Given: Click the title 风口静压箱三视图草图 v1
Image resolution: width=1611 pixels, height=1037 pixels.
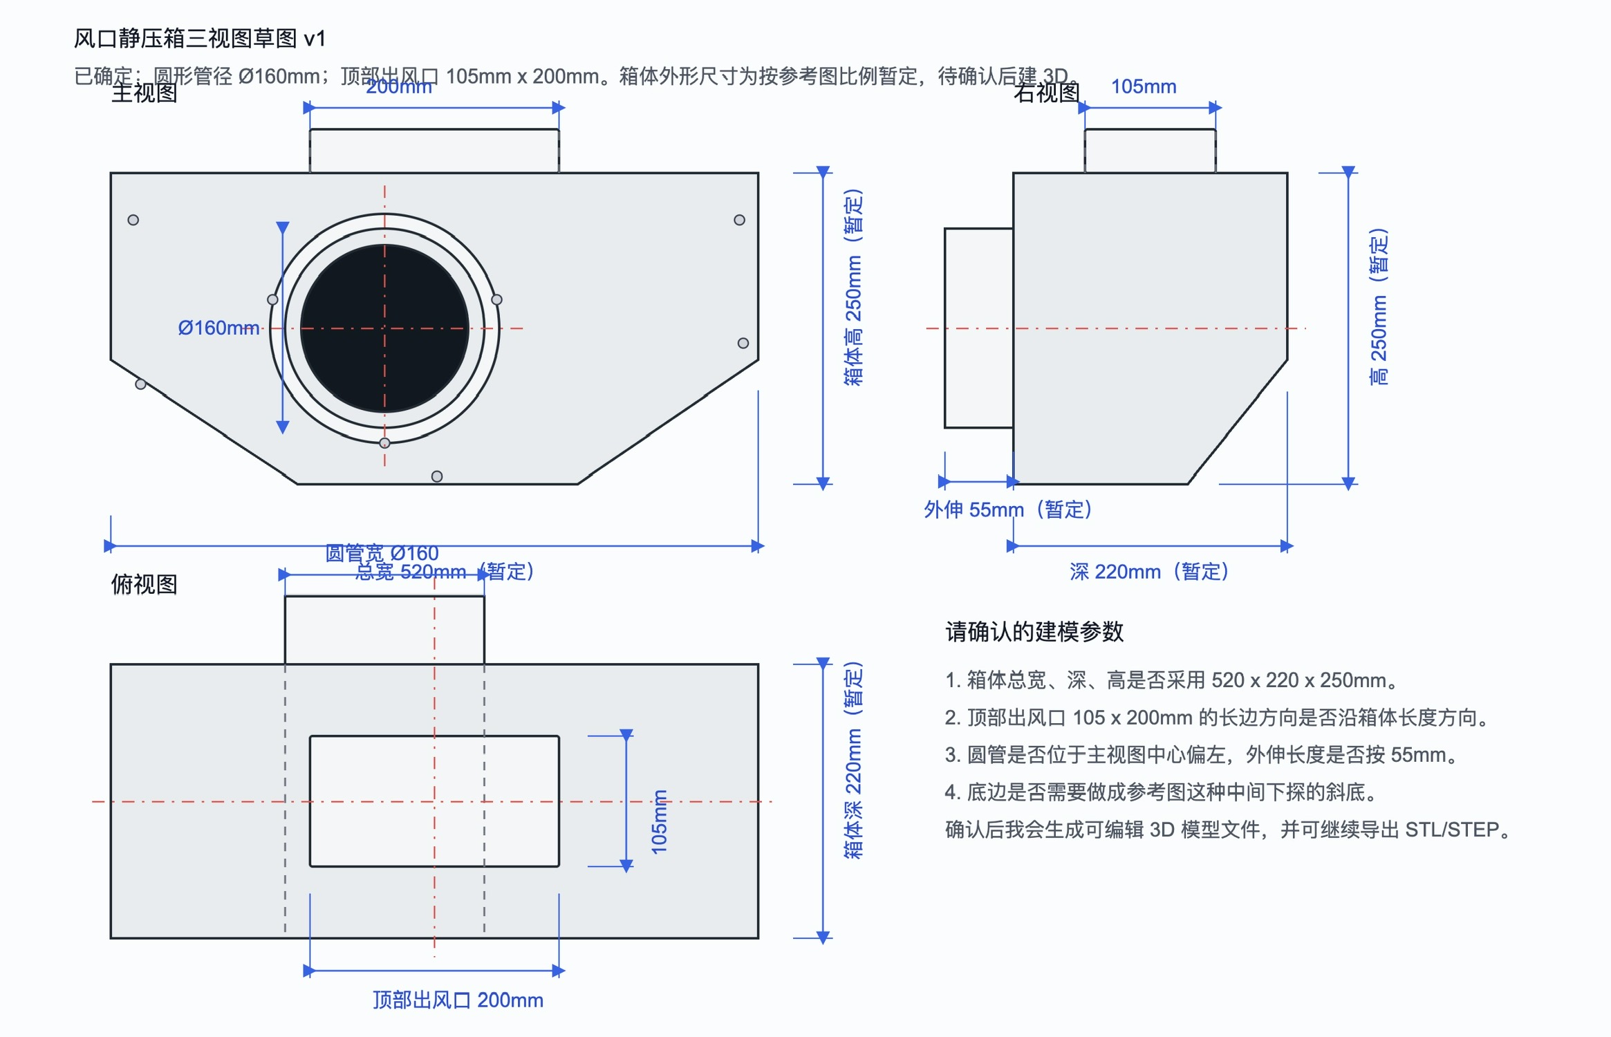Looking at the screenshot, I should [x=199, y=38].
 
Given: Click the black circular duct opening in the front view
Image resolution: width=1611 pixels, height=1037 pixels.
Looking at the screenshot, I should [x=384, y=328].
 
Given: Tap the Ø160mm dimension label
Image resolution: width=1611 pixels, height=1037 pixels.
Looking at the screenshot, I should [x=218, y=328].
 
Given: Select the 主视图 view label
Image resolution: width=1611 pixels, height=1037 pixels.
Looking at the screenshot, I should [x=144, y=93].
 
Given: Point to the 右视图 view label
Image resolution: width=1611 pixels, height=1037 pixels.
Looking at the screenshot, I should [x=1046, y=93].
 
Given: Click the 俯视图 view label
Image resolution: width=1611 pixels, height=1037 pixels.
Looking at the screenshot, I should [x=144, y=584].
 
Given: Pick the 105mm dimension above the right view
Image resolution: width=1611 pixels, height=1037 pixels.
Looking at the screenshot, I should [x=1143, y=86].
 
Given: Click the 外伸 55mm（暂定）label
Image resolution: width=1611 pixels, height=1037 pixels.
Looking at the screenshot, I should [x=1007, y=510].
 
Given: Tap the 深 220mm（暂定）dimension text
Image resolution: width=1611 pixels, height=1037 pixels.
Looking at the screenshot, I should [x=1148, y=572].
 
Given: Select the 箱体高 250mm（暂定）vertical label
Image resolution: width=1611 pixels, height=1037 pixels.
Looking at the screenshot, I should [x=853, y=287].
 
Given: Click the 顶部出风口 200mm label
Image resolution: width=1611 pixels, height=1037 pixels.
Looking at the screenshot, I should [x=458, y=1000].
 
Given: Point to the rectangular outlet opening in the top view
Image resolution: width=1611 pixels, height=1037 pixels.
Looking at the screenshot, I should [x=434, y=801].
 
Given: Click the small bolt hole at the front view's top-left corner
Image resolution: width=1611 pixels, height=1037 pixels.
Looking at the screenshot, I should [x=133, y=220].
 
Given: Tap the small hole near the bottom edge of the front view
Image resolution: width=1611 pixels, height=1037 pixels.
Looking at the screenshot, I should [x=437, y=476].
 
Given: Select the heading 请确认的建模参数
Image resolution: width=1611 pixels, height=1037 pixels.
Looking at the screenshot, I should [x=1034, y=631].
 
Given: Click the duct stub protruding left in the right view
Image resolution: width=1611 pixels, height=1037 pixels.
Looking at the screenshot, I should [x=978, y=328].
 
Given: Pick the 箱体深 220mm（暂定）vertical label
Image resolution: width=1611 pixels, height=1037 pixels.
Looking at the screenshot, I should [x=853, y=760].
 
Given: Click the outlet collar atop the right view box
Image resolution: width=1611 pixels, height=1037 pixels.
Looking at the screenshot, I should [x=1150, y=151].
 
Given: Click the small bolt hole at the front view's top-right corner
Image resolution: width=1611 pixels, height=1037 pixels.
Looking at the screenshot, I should [x=739, y=220].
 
